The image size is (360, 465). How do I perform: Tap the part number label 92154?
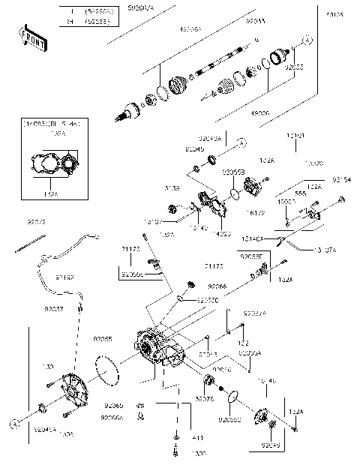pyautogui.click(x=341, y=180)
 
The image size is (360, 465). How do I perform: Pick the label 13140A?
pyautogui.click(x=252, y=238)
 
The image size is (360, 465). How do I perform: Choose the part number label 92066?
pyautogui.click(x=217, y=286)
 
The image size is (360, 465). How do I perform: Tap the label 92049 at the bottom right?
pyautogui.click(x=271, y=445)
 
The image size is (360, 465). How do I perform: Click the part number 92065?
pyautogui.click(x=112, y=405)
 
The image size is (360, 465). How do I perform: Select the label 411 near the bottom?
pyautogui.click(x=178, y=437)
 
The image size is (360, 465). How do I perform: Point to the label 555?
pyautogui.click(x=300, y=193)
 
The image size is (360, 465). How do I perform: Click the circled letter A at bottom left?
pyautogui.click(x=13, y=424)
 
